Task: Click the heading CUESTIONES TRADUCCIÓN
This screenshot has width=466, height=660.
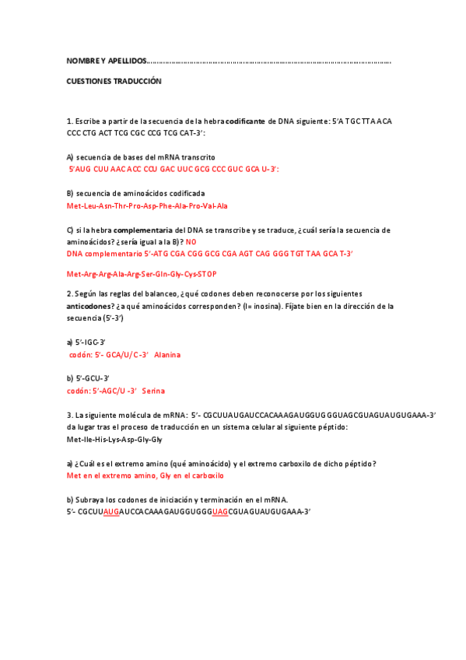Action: tap(114, 81)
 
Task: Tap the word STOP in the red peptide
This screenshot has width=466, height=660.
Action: tap(207, 274)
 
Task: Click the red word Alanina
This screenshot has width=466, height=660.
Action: tap(167, 355)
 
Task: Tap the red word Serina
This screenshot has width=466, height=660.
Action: tap(153, 391)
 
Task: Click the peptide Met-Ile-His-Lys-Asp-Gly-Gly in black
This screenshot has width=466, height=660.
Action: tap(114, 440)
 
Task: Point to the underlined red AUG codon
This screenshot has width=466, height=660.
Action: tap(110, 511)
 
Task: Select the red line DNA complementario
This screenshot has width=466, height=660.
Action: tap(210, 254)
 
